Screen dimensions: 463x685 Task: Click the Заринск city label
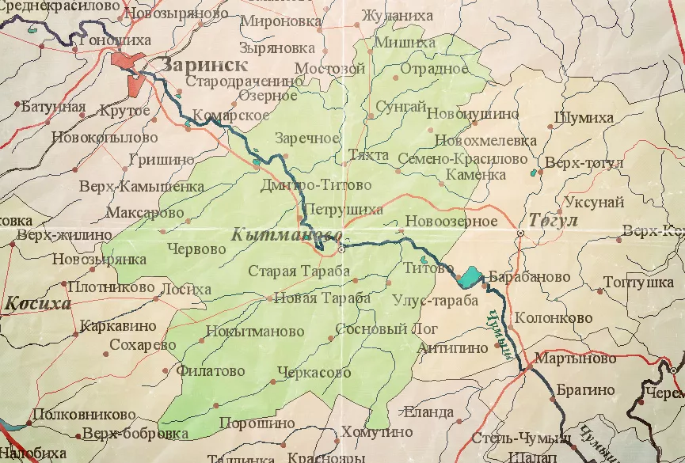click(x=204, y=65)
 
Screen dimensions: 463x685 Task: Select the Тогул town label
click(x=554, y=220)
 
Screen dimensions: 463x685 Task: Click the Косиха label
click(x=37, y=303)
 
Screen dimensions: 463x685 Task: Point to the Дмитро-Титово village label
click(x=315, y=185)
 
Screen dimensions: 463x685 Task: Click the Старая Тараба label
click(x=299, y=271)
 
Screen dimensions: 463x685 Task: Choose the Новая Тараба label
click(x=322, y=298)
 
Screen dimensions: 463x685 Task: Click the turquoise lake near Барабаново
click(x=469, y=276)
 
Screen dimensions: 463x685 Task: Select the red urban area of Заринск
click(x=128, y=63)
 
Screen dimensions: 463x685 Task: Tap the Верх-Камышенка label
click(x=142, y=188)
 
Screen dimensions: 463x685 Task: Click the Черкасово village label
click(x=314, y=372)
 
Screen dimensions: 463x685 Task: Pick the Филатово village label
click(x=211, y=370)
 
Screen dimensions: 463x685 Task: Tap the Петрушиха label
click(x=344, y=210)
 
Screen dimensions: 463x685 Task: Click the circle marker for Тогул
click(x=520, y=234)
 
